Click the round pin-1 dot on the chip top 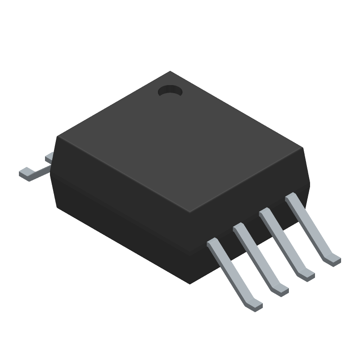(x=170, y=91)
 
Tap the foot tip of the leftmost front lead (x=256, y=306)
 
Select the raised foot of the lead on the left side (x=26, y=173)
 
